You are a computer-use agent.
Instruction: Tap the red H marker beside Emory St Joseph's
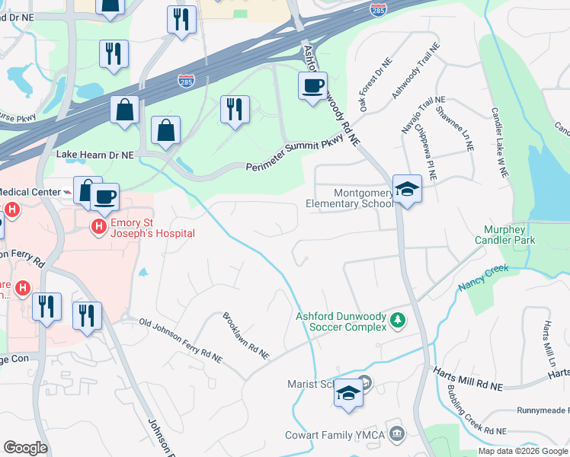pos(98,226)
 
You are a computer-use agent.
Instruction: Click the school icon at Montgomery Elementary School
pos(407,189)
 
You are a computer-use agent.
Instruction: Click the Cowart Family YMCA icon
pos(395,434)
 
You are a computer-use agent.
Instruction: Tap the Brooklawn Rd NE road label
pos(245,335)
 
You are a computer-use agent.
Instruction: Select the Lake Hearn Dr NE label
pos(95,154)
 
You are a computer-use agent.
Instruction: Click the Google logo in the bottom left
pos(25,448)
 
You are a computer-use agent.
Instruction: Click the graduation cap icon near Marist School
pos(348,393)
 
